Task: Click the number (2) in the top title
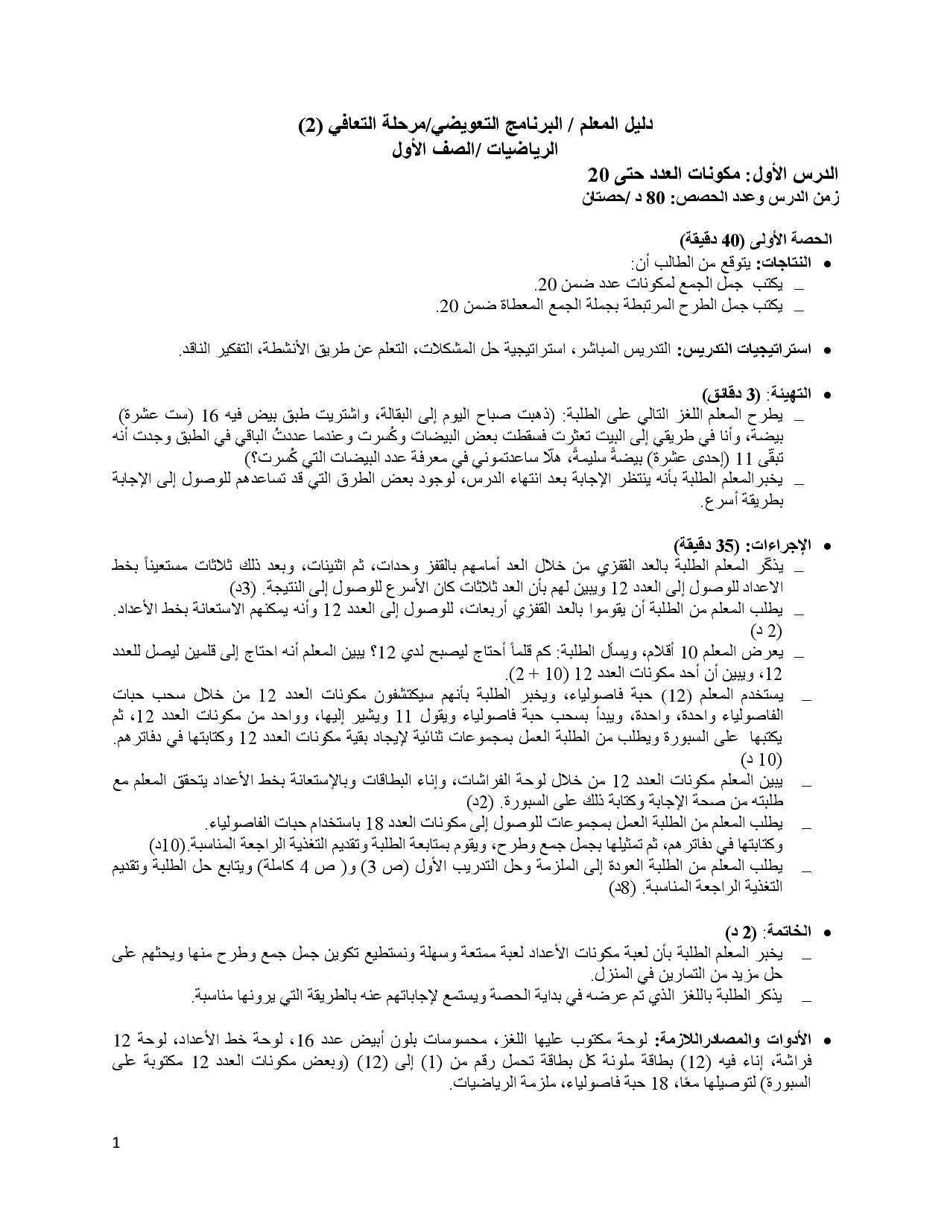[x=311, y=125]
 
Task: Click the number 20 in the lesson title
[x=599, y=174]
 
